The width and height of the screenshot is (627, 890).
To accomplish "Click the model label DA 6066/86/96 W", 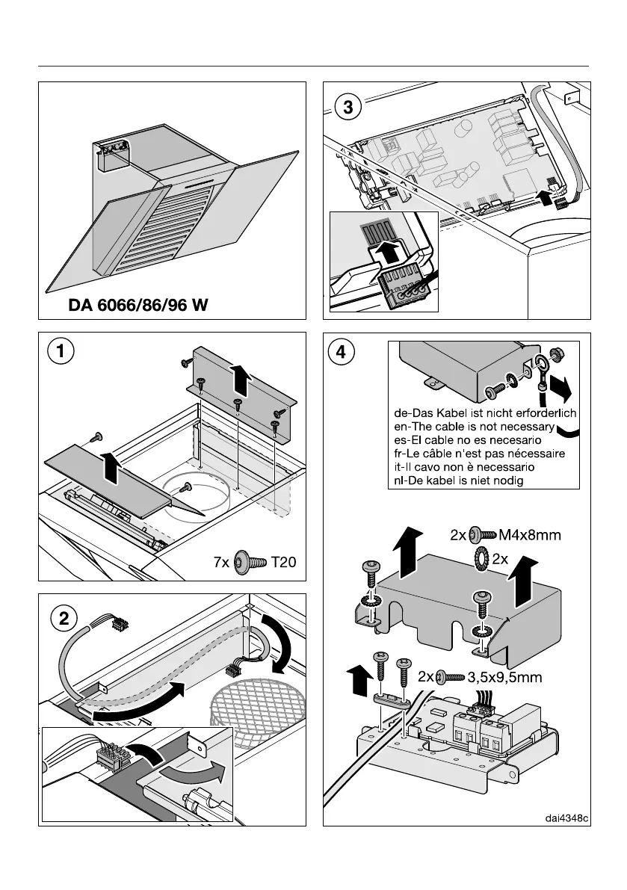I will coord(138,305).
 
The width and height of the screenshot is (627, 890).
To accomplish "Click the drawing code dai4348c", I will coord(565,818).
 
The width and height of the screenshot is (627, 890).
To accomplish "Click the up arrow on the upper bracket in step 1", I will coord(240,377).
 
